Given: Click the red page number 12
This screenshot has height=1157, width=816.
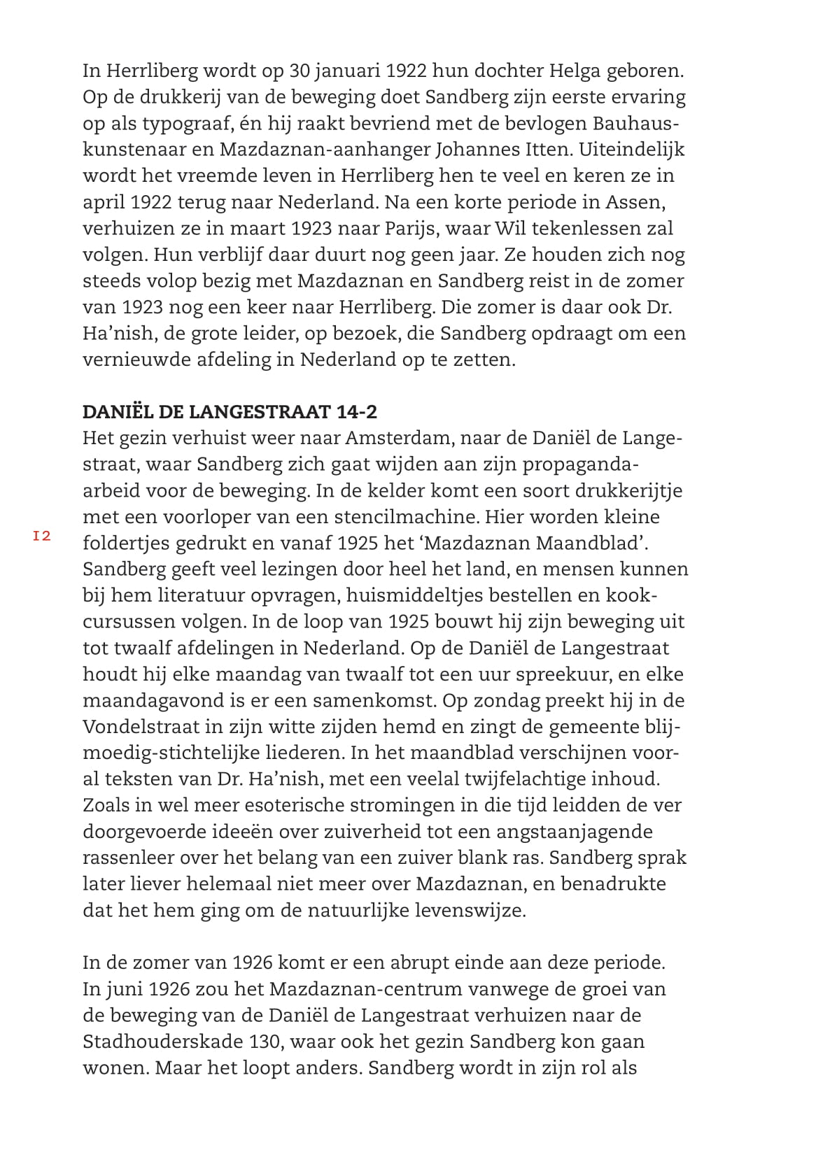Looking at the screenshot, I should [x=42, y=537].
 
